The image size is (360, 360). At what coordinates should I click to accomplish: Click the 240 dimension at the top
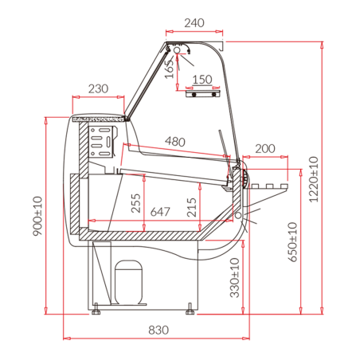[x=194, y=23]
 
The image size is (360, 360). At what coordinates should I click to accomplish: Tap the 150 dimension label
[x=202, y=79]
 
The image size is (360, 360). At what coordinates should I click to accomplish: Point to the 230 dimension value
[x=98, y=88]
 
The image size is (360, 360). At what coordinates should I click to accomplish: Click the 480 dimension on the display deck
[x=176, y=142]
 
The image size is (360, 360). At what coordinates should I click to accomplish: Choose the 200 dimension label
[x=265, y=149]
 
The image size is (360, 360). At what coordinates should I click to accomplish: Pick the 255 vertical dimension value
[x=136, y=203]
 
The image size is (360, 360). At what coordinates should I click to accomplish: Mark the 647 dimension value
[x=159, y=212]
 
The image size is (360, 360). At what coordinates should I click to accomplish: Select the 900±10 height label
[x=37, y=216]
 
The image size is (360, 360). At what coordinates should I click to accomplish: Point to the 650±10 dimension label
[x=292, y=241]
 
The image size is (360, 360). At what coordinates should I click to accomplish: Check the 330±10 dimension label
[x=234, y=276]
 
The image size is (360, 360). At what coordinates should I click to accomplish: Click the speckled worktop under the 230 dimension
[x=100, y=119]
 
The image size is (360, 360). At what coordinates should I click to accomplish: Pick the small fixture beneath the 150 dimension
[x=203, y=94]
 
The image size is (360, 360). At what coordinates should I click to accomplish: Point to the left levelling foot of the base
[x=96, y=306]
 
